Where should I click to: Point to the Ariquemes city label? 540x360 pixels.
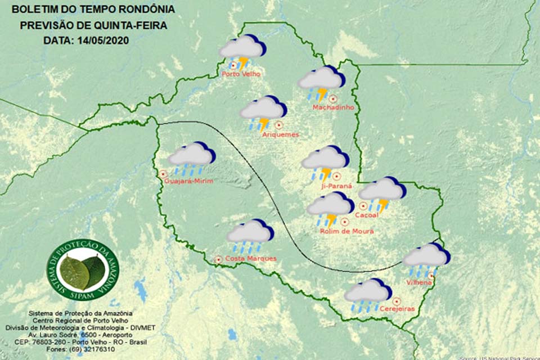280,134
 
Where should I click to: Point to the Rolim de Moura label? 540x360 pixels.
346,231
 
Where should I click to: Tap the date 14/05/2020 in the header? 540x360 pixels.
107,40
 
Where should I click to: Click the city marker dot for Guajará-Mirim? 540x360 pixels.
163,174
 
